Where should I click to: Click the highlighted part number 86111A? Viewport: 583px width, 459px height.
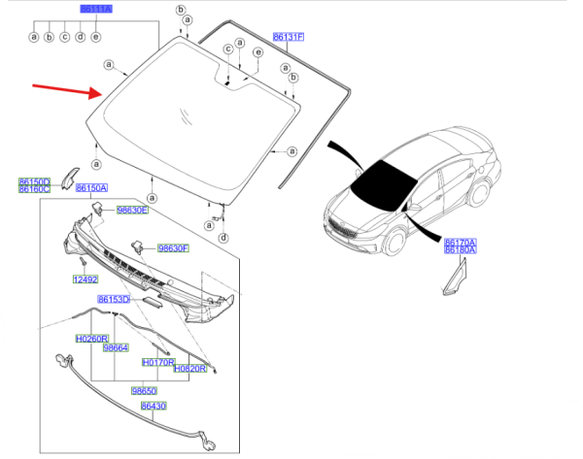[x=96, y=8]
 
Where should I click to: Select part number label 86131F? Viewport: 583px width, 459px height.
[x=289, y=36]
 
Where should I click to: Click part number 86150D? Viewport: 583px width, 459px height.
[x=34, y=180]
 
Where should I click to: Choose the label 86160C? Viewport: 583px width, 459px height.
[x=34, y=188]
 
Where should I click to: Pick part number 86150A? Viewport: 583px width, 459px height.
[x=91, y=187]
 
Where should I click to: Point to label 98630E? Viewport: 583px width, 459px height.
[x=132, y=209]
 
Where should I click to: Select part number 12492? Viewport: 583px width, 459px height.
[x=86, y=279]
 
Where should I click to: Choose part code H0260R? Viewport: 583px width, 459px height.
[x=91, y=339]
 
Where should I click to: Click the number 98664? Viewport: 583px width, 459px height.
[x=117, y=347]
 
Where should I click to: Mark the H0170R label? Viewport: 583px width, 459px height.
[x=157, y=361]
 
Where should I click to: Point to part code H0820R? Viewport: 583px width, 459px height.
[x=189, y=370]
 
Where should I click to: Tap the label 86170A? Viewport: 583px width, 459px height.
[x=461, y=241]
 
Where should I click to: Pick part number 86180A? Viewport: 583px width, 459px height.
[x=461, y=249]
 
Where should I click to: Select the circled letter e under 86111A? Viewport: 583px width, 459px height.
[x=95, y=38]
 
